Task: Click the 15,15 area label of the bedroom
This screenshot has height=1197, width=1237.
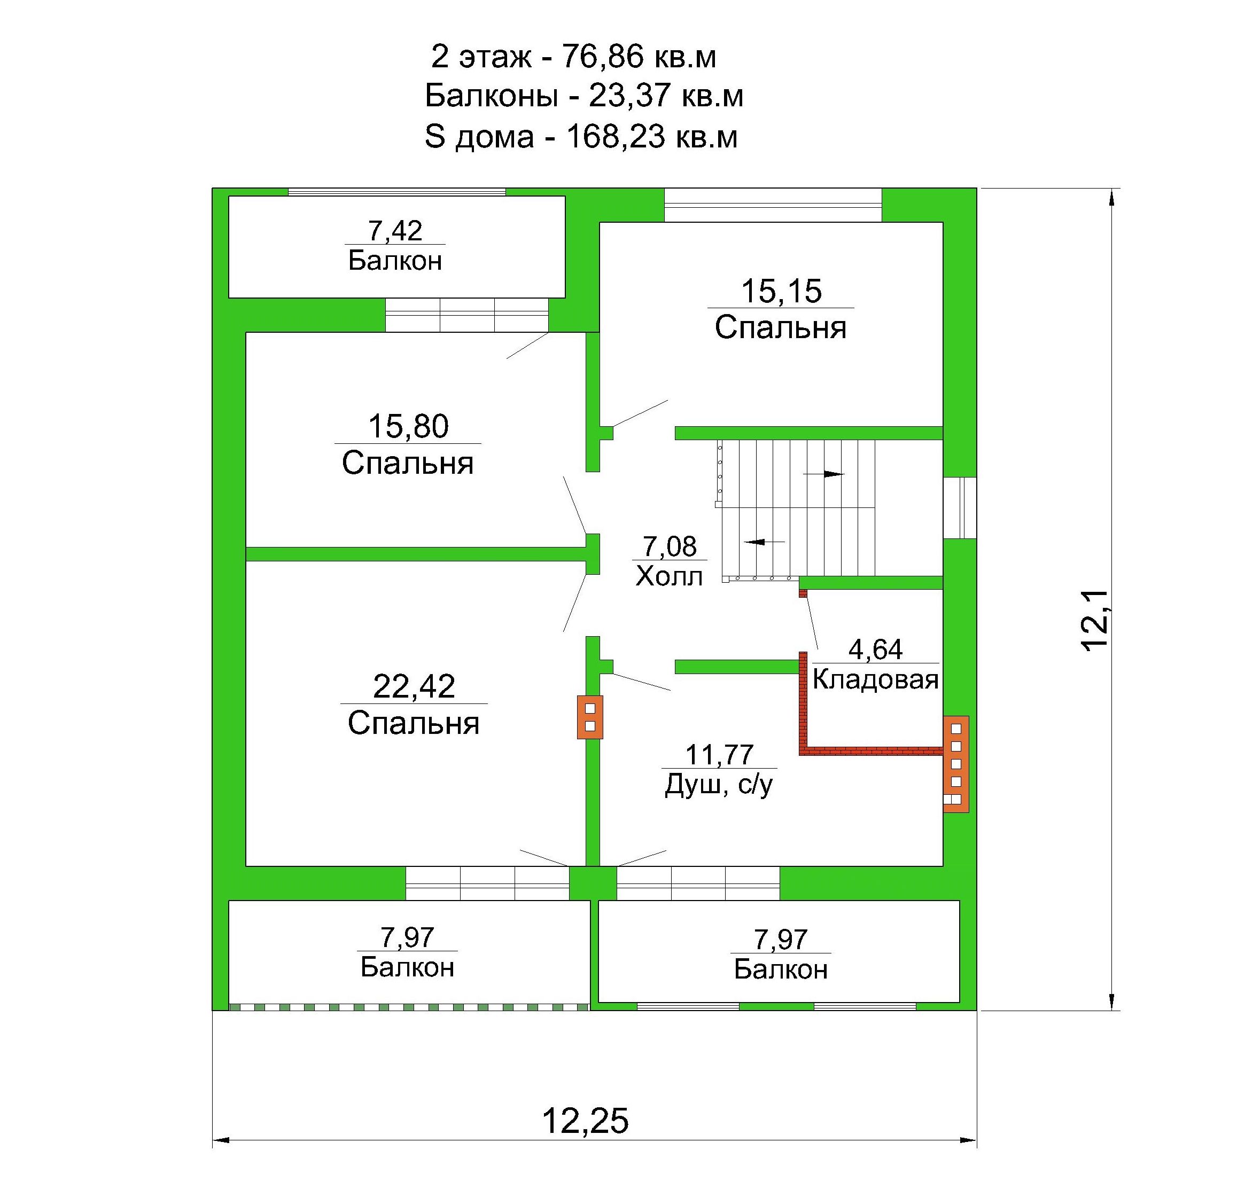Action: click(781, 292)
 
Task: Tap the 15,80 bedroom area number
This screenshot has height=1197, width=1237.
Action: click(408, 427)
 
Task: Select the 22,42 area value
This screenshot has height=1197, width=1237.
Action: click(414, 686)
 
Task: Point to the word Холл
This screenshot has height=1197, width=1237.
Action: click(669, 576)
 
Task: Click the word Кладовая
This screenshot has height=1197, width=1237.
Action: click(875, 679)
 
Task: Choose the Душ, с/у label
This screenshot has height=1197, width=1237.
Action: click(719, 786)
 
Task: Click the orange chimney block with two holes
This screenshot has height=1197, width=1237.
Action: click(590, 717)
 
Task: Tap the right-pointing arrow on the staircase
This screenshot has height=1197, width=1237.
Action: click(823, 474)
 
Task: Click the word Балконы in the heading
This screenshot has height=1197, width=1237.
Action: click(492, 97)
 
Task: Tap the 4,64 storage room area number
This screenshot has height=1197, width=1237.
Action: click(875, 650)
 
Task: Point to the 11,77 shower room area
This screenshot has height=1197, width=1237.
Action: click(719, 755)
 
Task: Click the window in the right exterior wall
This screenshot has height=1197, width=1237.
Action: click(960, 507)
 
